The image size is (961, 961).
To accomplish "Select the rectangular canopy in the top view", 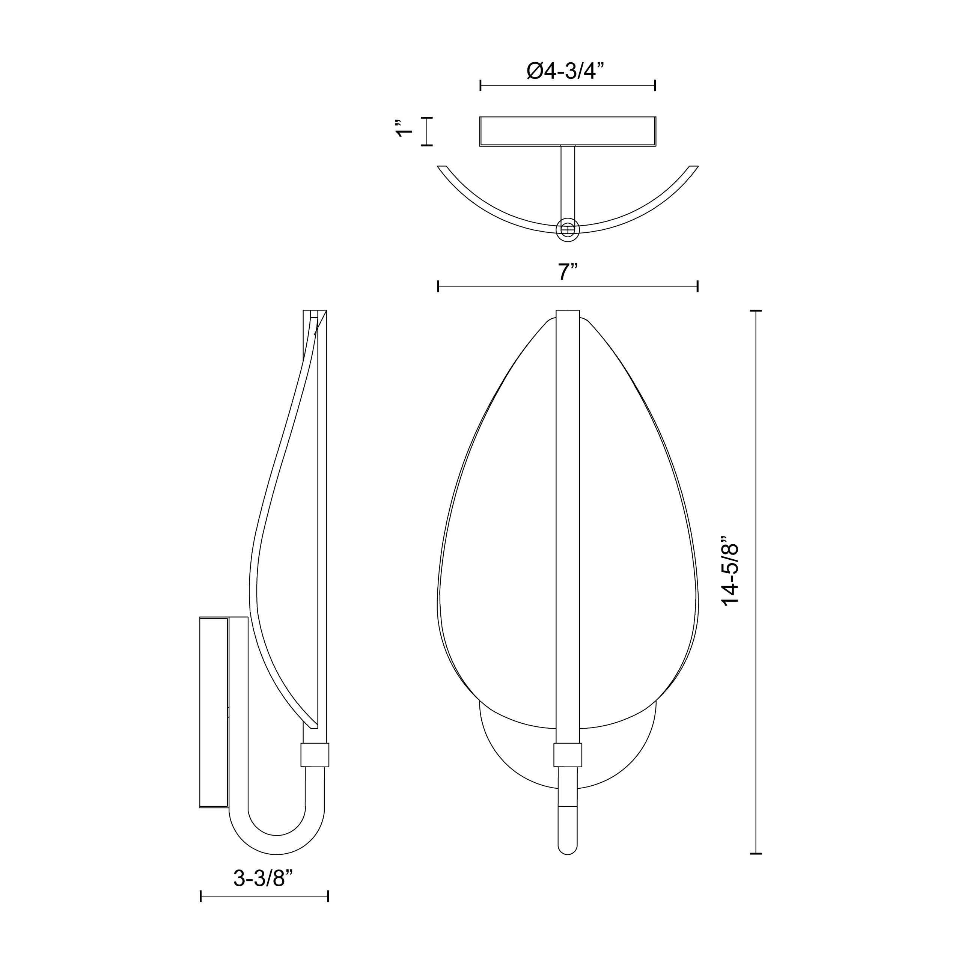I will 568,131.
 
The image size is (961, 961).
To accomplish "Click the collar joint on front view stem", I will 568,755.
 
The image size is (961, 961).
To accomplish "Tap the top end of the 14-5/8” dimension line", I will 756,310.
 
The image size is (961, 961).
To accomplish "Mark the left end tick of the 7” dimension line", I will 438,286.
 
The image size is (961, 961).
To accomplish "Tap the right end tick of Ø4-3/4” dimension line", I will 655,86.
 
